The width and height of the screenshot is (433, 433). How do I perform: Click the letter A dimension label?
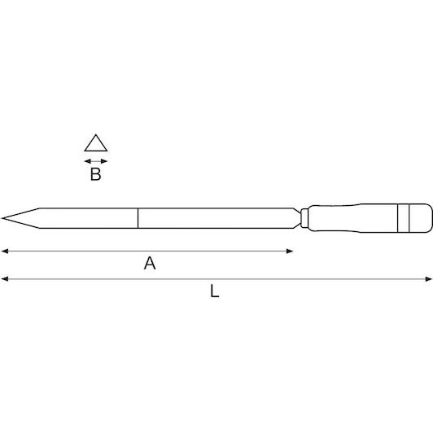point(150,263)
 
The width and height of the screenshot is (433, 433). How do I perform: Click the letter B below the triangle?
point(96,174)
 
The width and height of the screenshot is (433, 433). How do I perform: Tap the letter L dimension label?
point(215,291)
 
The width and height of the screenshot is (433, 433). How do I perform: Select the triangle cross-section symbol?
point(96,143)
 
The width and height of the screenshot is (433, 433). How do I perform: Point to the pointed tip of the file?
point(2,218)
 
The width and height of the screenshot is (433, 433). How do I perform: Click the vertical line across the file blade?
point(138,218)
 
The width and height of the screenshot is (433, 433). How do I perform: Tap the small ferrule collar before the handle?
point(304,218)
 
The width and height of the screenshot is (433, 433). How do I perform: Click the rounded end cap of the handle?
point(421,218)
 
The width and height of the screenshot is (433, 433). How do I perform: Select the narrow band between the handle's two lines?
point(403,218)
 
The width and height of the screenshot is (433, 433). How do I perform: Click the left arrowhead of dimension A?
point(5,251)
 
